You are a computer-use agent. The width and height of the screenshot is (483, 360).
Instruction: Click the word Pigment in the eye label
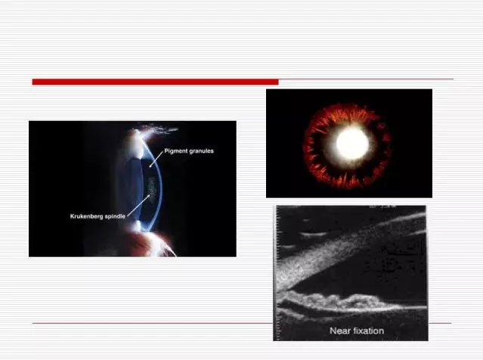coord(175,151)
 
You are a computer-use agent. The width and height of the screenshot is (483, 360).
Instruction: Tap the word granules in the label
coord(201,151)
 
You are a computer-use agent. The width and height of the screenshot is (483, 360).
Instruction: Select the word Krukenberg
coord(86,216)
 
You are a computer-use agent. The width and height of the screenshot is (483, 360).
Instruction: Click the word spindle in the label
coord(115,216)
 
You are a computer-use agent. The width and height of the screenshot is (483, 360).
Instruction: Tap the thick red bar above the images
coord(155,82)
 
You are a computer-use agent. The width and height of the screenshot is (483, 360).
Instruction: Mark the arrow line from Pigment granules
coord(156,159)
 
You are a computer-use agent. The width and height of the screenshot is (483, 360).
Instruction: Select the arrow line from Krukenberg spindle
coord(138,206)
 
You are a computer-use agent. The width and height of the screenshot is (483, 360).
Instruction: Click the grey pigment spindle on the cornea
coord(152,189)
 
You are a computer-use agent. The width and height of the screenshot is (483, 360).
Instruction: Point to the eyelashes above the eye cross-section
coord(159,129)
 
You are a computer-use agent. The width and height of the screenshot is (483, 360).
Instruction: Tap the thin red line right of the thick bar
coord(366,79)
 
